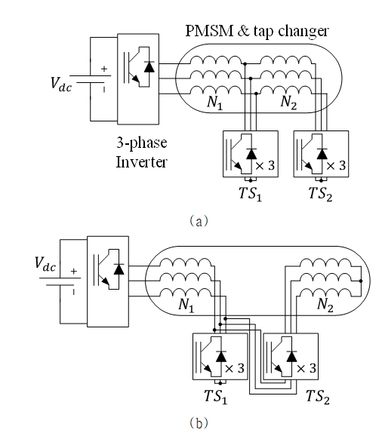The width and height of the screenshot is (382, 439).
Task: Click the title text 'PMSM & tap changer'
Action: (257, 31)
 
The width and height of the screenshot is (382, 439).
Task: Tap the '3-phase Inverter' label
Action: (141, 152)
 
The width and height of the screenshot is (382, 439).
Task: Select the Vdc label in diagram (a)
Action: (60, 84)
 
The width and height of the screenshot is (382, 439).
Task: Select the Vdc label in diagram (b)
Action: (45, 264)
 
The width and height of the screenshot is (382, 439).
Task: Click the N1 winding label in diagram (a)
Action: (214, 103)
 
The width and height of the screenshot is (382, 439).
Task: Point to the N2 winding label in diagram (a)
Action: (288, 102)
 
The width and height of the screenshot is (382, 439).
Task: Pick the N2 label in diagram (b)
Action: (325, 305)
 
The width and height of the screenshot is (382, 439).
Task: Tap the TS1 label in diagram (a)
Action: (251, 194)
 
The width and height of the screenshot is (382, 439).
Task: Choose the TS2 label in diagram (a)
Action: (320, 194)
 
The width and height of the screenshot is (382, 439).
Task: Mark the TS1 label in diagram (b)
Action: (215, 397)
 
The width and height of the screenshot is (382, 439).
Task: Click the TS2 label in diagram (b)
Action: (318, 397)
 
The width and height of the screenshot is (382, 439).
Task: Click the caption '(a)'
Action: (199, 221)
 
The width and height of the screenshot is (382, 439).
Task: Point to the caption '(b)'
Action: (199, 422)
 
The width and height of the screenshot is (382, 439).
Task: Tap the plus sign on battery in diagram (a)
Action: (104, 69)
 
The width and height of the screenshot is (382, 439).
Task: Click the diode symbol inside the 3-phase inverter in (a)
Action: (149, 66)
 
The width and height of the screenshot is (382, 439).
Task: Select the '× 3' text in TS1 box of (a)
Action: (265, 166)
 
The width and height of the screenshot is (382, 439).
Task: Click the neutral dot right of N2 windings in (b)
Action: (361, 281)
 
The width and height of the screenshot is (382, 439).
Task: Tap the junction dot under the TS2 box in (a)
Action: (321, 180)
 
